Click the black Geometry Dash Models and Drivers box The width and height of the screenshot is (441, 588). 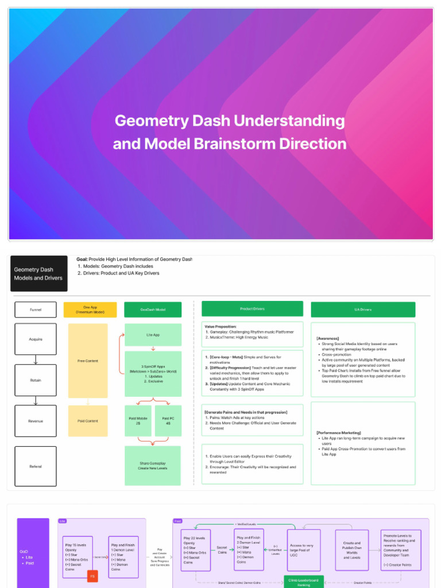[x=38, y=274]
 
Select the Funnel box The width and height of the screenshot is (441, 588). [x=36, y=310]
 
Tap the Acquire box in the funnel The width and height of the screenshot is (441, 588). [x=36, y=339]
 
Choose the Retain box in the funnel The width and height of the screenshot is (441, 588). [x=36, y=380]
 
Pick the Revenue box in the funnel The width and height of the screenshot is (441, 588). [x=36, y=421]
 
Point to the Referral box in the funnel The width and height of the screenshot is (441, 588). [x=36, y=466]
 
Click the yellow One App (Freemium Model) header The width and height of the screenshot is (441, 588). [x=90, y=310]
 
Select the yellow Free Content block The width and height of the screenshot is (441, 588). [x=88, y=361]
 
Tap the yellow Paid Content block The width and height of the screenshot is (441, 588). [x=88, y=421]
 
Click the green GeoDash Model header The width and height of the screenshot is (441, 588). [x=153, y=310]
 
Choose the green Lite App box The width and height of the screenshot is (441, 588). [x=153, y=334]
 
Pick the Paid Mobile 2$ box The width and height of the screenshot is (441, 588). [x=138, y=421]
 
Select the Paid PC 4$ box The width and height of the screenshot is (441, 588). [x=168, y=421]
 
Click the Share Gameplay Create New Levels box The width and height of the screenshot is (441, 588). [x=153, y=466]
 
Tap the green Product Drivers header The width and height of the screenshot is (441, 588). [x=252, y=309]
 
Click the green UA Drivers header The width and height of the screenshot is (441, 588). [x=362, y=310]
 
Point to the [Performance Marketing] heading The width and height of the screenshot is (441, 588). [x=339, y=432]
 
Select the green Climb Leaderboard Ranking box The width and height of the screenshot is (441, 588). [x=304, y=582]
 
